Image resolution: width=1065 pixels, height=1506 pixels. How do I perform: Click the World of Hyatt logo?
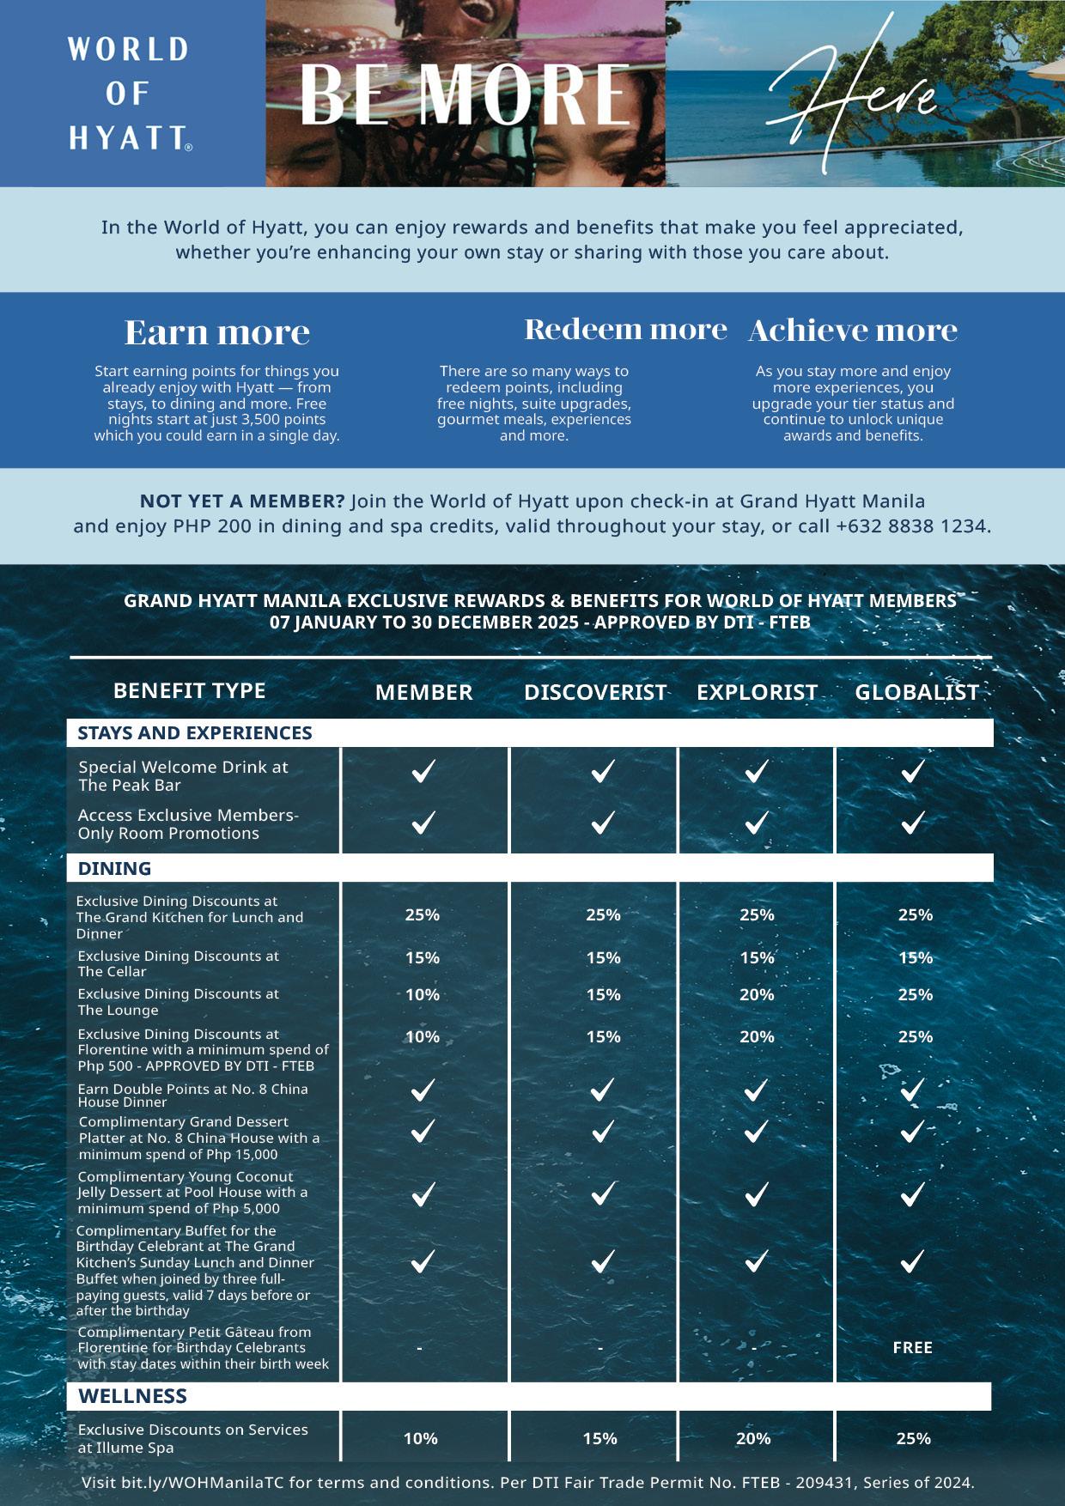click(129, 93)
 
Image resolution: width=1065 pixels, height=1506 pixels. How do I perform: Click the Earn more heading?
click(217, 332)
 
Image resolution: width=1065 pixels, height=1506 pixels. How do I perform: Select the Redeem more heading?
click(625, 329)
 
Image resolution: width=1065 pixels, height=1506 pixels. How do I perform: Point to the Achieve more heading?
click(853, 331)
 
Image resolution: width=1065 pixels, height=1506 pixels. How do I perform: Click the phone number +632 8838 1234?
click(912, 525)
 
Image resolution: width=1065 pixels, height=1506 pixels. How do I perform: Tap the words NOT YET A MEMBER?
click(242, 501)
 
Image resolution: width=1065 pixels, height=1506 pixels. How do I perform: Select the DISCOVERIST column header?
click(595, 692)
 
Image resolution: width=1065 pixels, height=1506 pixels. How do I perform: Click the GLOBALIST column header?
click(916, 692)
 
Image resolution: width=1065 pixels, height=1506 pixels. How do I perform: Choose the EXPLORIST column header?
click(757, 692)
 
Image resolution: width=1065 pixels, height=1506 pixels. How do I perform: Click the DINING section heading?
click(114, 868)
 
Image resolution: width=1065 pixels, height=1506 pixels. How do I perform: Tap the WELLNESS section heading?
click(132, 1396)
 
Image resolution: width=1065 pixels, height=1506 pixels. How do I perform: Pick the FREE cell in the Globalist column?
click(912, 1348)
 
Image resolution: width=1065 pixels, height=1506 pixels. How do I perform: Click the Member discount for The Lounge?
click(423, 995)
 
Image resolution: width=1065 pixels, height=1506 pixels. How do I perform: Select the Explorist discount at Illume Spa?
click(753, 1439)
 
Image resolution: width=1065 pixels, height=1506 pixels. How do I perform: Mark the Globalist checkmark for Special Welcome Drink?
click(912, 771)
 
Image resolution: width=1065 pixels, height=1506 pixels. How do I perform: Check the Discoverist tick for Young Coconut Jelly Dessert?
click(603, 1193)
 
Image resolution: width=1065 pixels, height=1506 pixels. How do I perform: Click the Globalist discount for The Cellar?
click(916, 957)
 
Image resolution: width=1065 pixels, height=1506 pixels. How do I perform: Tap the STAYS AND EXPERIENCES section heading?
click(195, 732)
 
